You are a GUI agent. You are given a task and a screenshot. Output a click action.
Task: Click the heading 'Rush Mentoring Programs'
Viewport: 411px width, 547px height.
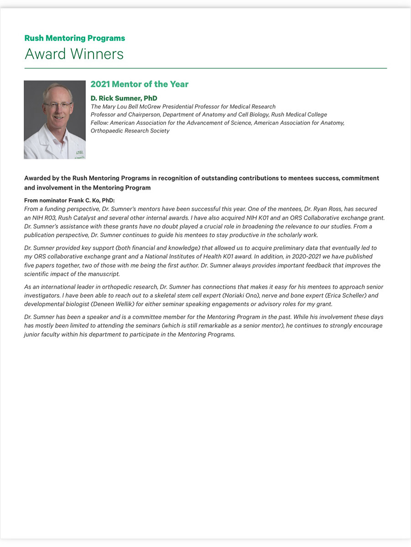[x=74, y=38]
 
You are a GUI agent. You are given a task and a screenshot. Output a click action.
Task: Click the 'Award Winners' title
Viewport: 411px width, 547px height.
[x=74, y=54]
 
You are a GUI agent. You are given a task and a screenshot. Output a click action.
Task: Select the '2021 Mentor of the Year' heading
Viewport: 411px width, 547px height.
[x=139, y=84]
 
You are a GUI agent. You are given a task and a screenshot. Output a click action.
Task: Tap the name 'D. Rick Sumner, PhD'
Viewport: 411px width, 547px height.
[x=124, y=98]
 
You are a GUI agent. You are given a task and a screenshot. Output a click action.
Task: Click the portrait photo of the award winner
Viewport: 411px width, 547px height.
[x=55, y=120]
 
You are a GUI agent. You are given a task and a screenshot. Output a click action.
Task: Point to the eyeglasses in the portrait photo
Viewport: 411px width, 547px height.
[x=58, y=104]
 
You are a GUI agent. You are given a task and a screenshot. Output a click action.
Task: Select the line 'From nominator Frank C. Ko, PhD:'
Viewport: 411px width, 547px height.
[x=69, y=201]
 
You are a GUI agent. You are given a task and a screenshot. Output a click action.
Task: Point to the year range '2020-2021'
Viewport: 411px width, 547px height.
[x=300, y=257]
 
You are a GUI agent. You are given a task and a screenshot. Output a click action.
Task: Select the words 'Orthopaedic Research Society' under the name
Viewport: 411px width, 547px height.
[x=130, y=131]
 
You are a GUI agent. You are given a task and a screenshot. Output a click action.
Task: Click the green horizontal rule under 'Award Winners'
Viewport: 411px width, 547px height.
[x=205, y=68]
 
